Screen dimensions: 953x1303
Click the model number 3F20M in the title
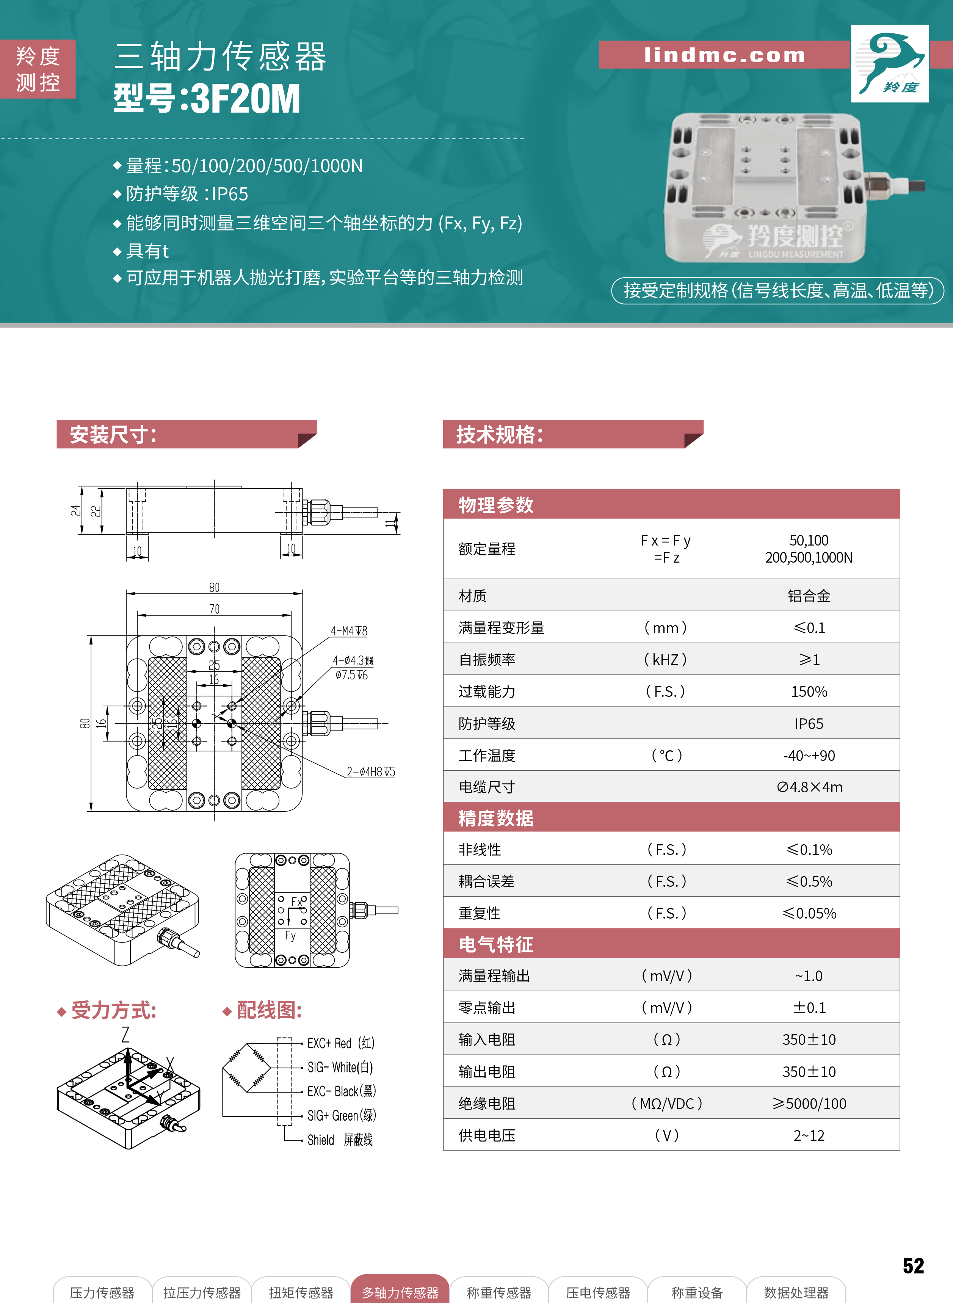245,99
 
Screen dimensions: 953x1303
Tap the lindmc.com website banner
724,55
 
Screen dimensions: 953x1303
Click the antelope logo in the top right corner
890,63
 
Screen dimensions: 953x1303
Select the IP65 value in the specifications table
809,723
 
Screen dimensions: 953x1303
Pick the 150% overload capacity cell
809,691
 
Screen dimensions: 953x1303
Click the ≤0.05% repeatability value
809,913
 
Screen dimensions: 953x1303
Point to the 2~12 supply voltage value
809,1135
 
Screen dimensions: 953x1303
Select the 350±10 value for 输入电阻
809,1040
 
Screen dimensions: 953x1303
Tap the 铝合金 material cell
809,596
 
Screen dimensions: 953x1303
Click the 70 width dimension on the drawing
214,609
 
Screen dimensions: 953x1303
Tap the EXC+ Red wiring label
341,1043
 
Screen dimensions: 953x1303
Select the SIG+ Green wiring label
342,1115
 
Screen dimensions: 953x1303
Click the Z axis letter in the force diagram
125,1035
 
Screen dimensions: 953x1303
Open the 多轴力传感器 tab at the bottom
400,1292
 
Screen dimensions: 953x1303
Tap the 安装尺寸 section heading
113,434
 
